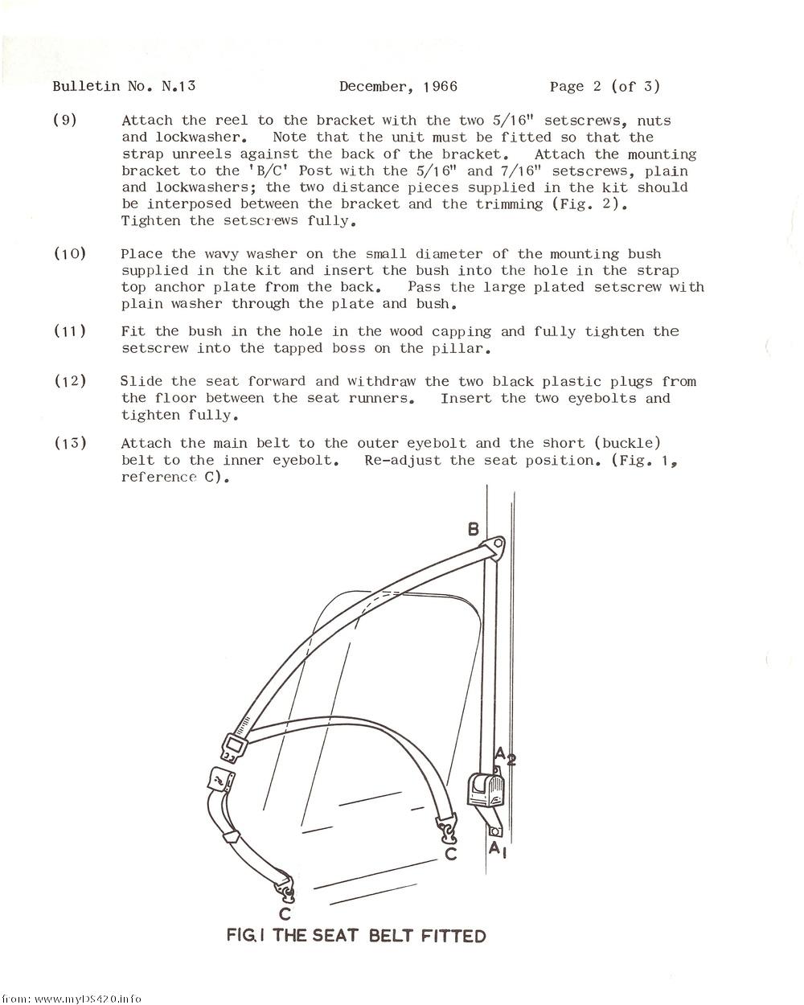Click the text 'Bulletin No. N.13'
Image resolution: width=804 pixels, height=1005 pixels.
point(124,86)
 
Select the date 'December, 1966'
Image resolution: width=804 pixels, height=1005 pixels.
point(398,86)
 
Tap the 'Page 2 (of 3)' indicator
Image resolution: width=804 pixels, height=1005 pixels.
point(605,86)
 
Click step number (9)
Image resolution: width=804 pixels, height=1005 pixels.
point(64,121)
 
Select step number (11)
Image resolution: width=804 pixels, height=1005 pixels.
point(69,331)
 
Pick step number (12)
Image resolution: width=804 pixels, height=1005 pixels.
point(69,381)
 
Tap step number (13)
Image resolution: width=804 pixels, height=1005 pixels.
point(69,443)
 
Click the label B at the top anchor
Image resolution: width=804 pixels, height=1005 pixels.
point(474,529)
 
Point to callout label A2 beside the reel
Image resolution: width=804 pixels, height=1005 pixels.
point(504,757)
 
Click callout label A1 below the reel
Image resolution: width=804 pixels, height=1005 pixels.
point(498,849)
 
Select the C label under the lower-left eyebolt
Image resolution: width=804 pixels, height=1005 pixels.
point(285,914)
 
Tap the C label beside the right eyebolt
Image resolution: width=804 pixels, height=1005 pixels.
point(451,853)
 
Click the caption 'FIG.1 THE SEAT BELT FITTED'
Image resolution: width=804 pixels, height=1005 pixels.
point(356,936)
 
